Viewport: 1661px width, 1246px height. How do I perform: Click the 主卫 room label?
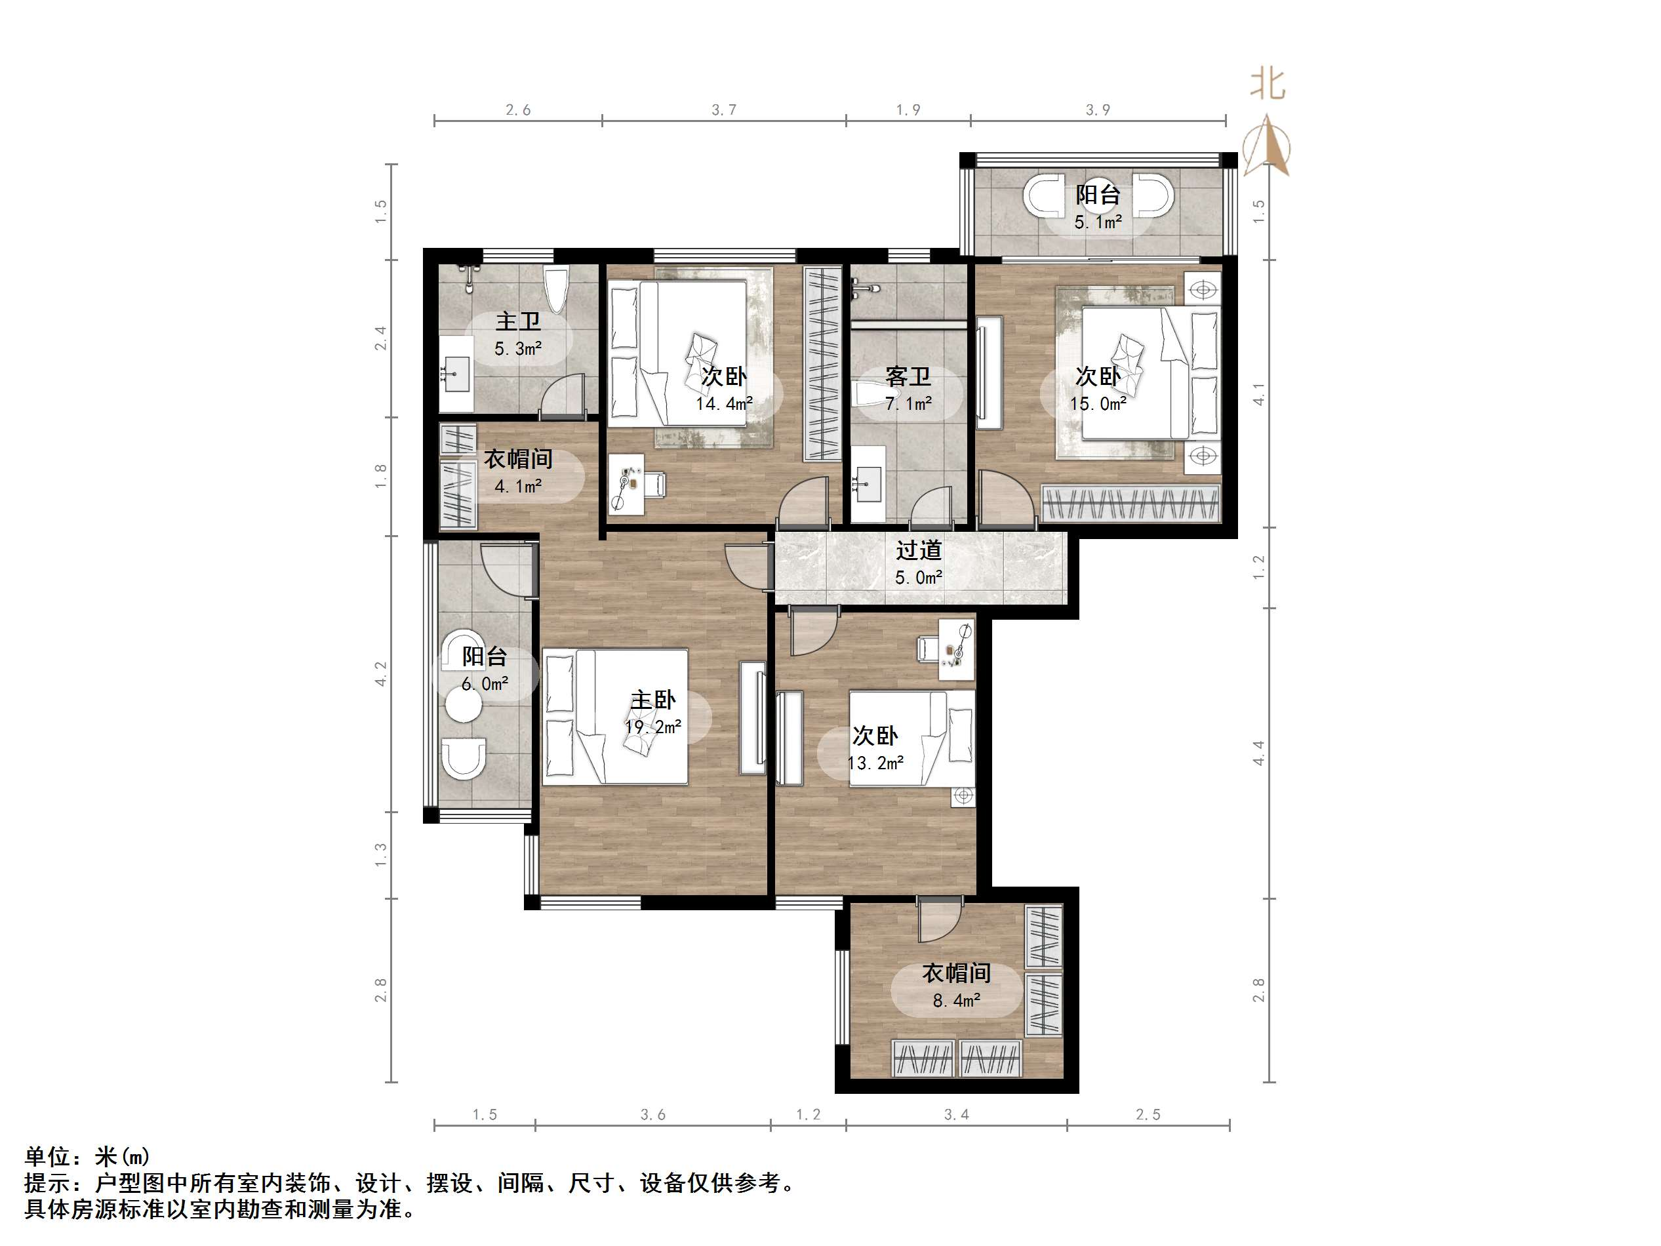point(518,322)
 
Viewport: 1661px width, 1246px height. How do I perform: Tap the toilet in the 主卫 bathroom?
point(557,289)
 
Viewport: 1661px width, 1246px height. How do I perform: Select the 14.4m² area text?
point(724,404)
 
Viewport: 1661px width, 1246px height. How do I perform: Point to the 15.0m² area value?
point(1098,404)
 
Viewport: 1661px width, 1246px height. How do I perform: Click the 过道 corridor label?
point(918,550)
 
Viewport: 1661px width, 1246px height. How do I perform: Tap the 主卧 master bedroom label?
point(652,700)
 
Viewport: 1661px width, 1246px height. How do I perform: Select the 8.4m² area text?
point(957,1000)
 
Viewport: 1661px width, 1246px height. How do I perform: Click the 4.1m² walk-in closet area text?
point(518,487)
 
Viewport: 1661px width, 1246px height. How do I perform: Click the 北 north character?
point(1268,84)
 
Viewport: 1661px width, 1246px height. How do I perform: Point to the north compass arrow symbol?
point(1268,146)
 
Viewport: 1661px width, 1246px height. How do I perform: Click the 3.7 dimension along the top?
point(724,110)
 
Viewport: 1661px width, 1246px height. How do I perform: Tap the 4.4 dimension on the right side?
point(1259,754)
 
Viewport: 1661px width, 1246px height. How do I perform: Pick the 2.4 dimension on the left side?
point(381,338)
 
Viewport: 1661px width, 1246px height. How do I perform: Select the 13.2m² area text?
point(875,763)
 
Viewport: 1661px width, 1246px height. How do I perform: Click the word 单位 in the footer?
point(47,1156)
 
